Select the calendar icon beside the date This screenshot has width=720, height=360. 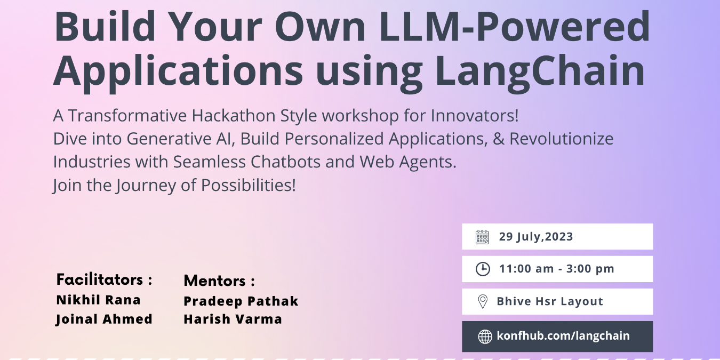click(x=482, y=237)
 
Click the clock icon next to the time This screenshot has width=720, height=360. click(x=482, y=269)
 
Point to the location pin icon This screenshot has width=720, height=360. click(x=482, y=302)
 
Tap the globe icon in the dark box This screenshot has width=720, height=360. click(x=485, y=337)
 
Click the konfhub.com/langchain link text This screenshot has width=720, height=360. click(x=563, y=336)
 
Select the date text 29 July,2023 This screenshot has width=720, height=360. click(x=536, y=237)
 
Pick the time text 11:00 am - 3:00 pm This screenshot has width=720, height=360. click(x=556, y=269)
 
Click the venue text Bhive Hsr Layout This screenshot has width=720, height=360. click(x=550, y=301)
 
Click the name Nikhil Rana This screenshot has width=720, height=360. click(x=98, y=300)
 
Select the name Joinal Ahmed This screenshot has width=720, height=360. click(x=104, y=319)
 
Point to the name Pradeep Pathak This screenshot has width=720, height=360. click(x=241, y=301)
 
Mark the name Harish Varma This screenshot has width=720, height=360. click(x=233, y=319)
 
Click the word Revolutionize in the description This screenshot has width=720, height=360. click(x=562, y=139)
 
